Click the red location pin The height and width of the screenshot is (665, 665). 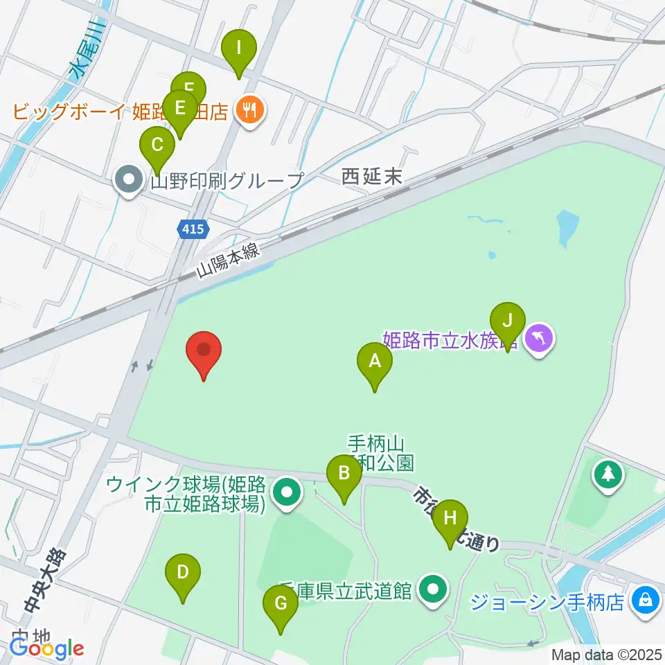pos(204,350)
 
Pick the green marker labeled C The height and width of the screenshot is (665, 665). pos(157,146)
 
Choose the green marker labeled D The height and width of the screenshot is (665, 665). pos(183,574)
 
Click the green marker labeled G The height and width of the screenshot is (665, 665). pos(281,604)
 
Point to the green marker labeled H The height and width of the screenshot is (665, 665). pos(450,518)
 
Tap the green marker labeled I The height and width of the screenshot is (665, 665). pos(239,49)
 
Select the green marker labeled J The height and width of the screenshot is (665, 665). pos(508,321)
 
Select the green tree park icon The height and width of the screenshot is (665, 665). pos(608,475)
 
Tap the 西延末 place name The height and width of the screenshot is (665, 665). pos(372,177)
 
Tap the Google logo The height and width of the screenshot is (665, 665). pos(46,648)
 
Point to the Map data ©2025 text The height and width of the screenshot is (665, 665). pos(606,655)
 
